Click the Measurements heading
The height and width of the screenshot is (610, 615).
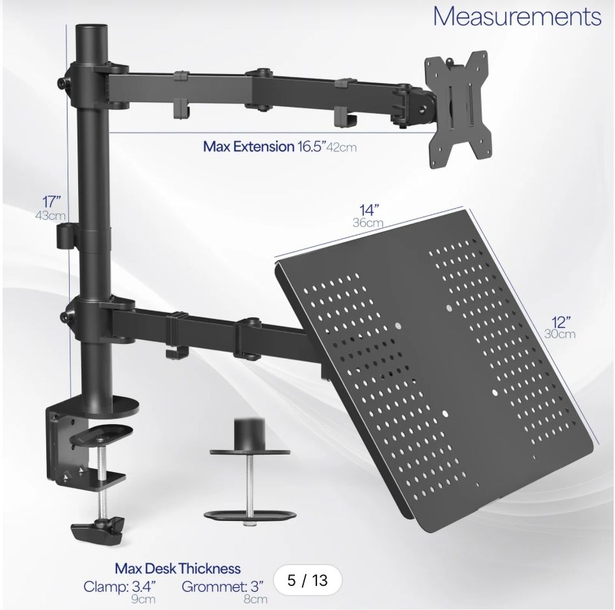click(x=517, y=17)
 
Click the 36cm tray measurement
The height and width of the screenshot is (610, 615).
click(x=368, y=222)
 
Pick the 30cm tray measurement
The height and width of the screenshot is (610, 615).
click(x=560, y=335)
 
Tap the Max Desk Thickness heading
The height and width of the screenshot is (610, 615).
click(x=178, y=569)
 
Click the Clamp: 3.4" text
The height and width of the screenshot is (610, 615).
click(x=120, y=587)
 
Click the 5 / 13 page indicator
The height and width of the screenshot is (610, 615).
click(x=307, y=579)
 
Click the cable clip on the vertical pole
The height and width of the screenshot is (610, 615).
click(x=66, y=237)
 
